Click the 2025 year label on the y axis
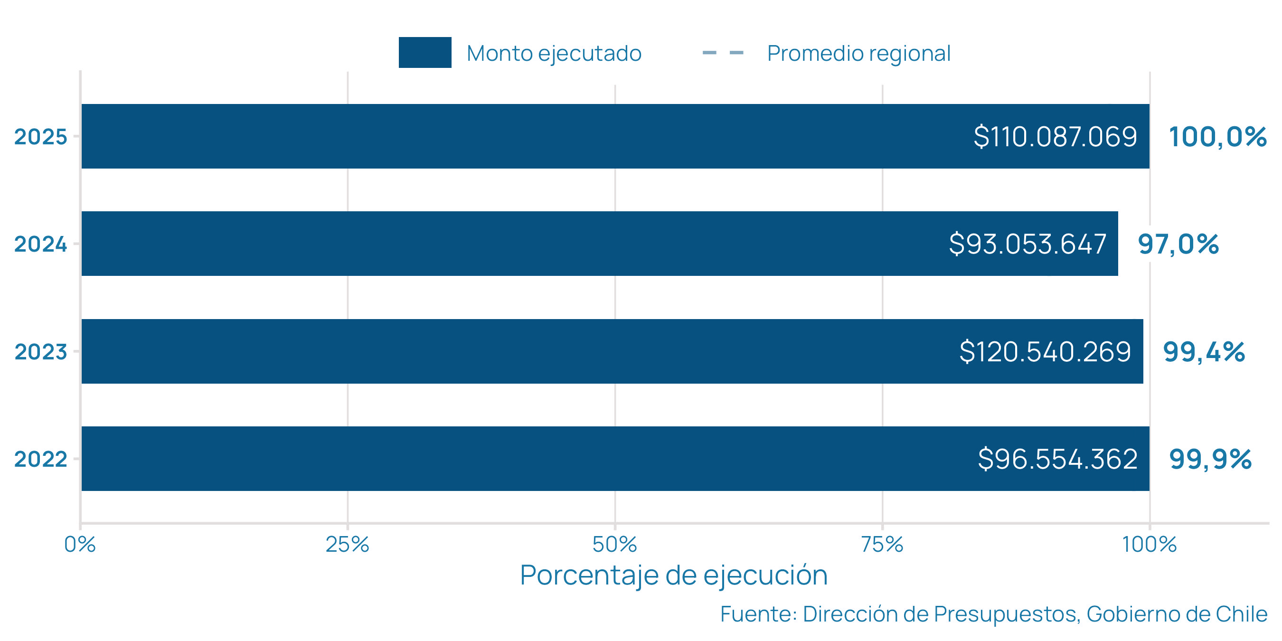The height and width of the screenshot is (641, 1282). [x=40, y=137]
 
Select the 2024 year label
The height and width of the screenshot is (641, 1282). [x=40, y=245]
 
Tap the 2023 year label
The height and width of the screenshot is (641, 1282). [x=40, y=352]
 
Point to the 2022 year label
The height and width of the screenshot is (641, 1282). [x=40, y=459]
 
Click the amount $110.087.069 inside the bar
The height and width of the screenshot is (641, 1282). [x=1055, y=137]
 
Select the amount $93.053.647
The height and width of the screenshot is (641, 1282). [x=1027, y=245]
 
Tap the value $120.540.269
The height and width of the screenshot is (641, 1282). [x=1045, y=352]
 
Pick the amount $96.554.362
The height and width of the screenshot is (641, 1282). [x=1057, y=459]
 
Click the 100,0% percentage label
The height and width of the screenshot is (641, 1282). [x=1217, y=137]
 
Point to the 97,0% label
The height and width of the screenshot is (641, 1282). [x=1178, y=245]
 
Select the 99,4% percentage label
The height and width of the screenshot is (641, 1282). [x=1204, y=352]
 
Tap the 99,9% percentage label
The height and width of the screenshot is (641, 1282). [x=1210, y=459]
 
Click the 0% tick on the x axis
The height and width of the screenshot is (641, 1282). [x=80, y=545]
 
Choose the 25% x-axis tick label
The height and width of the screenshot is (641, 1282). [x=348, y=545]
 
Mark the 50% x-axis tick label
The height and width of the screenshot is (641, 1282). [x=614, y=545]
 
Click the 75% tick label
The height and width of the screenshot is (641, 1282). [x=882, y=545]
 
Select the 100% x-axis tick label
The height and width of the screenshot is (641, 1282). [x=1149, y=545]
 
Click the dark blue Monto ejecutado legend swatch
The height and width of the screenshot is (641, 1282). [x=424, y=52]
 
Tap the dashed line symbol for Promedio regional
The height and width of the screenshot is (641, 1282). [x=723, y=52]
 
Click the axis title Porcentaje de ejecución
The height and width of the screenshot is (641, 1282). [x=673, y=575]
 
